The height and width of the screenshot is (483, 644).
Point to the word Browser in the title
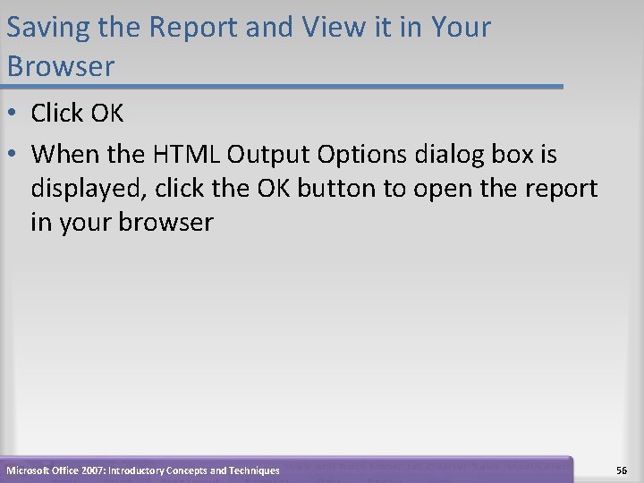click(x=60, y=66)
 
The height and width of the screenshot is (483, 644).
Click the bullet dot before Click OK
click(x=15, y=114)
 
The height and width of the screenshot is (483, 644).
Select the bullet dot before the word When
click(x=15, y=156)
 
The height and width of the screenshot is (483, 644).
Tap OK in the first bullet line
click(x=106, y=114)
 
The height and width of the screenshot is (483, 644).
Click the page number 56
click(x=622, y=470)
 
